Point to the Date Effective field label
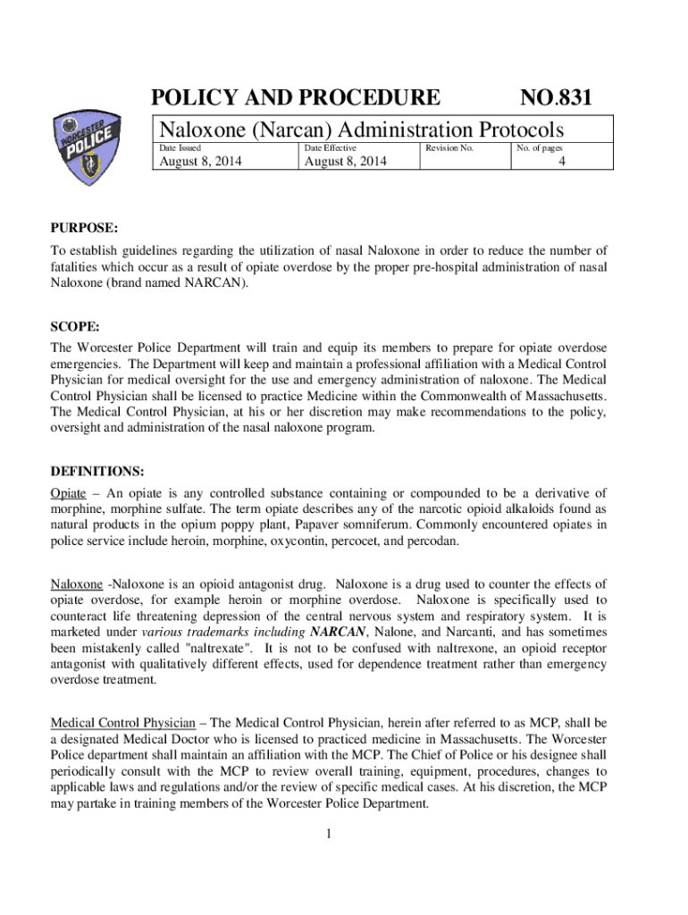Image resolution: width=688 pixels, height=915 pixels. click(331, 147)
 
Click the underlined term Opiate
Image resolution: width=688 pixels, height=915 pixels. click(69, 493)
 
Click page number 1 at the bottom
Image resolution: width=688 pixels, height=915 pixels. click(330, 835)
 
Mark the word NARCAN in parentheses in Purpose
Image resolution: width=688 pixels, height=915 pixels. click(208, 282)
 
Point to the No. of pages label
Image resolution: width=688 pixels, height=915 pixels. click(539, 147)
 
